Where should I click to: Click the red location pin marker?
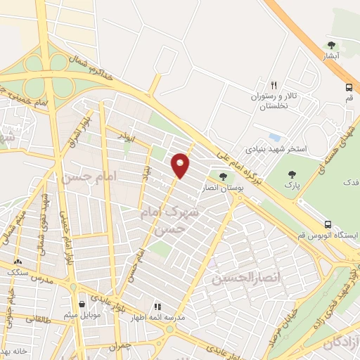coord(181,165)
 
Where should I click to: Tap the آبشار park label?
coord(332,55)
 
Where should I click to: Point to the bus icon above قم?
coord(349,87)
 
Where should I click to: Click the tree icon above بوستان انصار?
coord(223,176)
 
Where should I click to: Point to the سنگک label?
coord(15,269)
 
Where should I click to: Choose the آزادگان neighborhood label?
coord(341,342)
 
